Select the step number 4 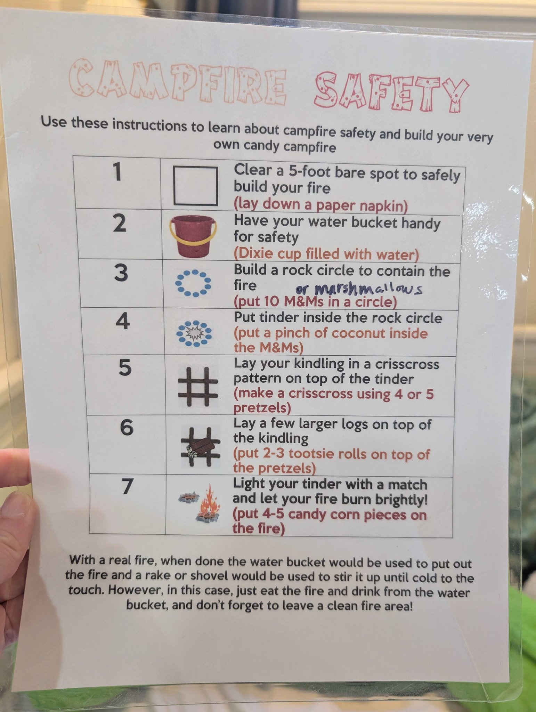123,321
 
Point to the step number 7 127,486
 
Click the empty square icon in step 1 196,186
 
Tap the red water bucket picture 193,236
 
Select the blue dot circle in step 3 193,283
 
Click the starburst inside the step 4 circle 194,333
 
